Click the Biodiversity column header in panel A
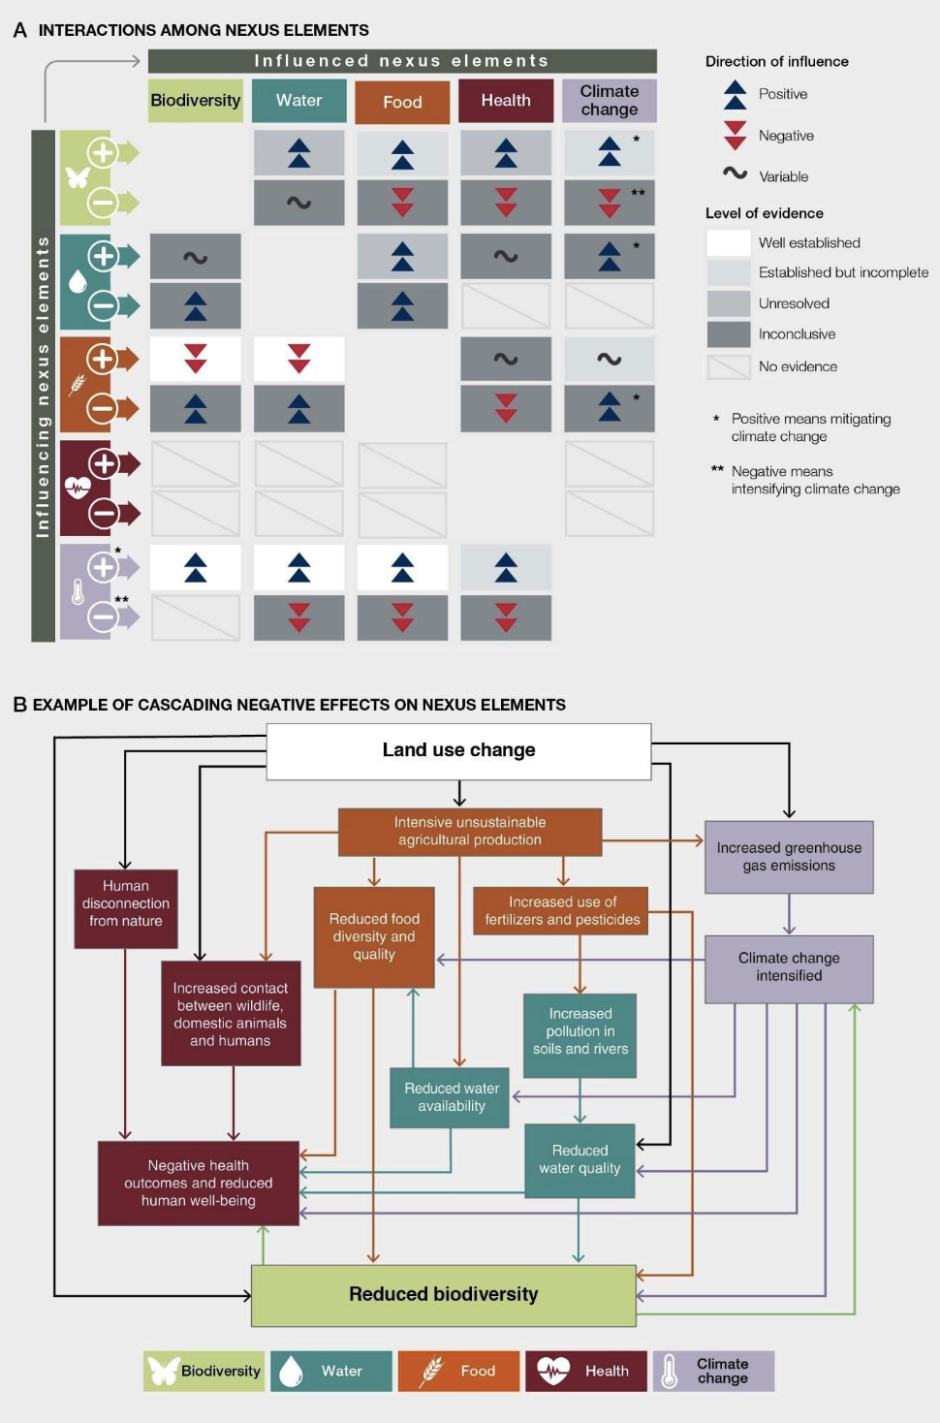[195, 101]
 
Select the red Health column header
[506, 101]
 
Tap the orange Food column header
[402, 102]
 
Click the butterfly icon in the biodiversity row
[78, 177]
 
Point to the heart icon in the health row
[78, 487]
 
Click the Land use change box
[458, 750]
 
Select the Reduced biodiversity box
[443, 1295]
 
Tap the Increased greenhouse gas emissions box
[789, 857]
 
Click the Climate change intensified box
[789, 967]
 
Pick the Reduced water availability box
[451, 1097]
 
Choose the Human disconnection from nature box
[126, 907]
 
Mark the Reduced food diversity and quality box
[374, 936]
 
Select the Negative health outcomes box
[199, 1183]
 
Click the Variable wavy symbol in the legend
[735, 174]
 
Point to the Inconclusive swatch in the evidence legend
[729, 334]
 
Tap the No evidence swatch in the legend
[729, 366]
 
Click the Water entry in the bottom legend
[331, 1371]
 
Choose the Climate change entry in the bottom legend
[713, 1371]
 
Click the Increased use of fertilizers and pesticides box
[562, 911]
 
